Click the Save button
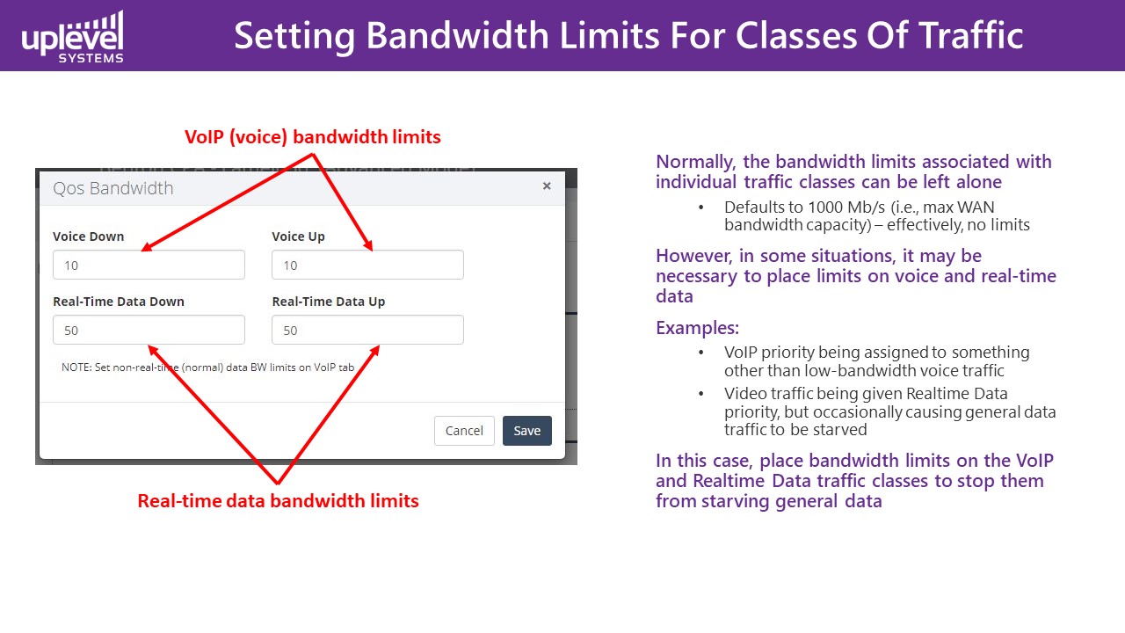pos(526,431)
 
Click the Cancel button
pos(464,431)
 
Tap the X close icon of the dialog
pos(547,186)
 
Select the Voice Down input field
pos(149,265)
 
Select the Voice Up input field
pos(367,265)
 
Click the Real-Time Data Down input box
pos(149,330)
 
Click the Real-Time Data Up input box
pos(367,330)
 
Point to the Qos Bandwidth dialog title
pos(113,188)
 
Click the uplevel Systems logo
pos(72,37)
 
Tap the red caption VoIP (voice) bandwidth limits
pos(312,136)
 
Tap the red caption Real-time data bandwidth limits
pos(279,501)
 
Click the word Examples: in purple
pos(697,328)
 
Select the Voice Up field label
pos(298,236)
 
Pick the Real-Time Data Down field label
pos(119,302)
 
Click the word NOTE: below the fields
pos(76,367)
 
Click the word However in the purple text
pos(694,257)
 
